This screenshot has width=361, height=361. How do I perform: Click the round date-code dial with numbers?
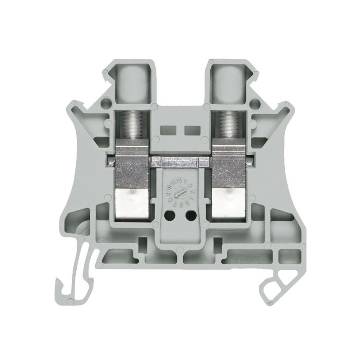180,193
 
